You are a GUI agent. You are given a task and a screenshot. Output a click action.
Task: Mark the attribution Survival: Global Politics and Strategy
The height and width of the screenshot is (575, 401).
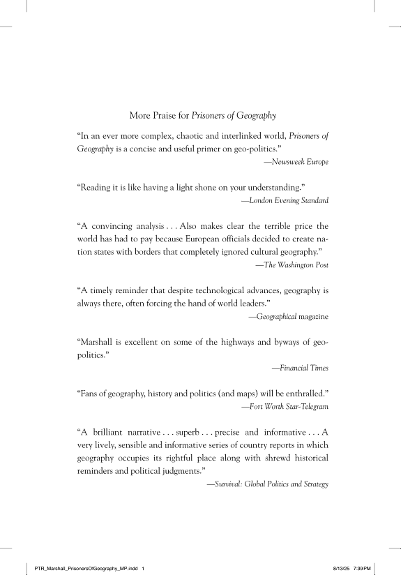pos(267,483)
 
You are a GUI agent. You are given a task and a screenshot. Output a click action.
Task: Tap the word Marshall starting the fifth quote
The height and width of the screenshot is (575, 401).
pos(98,342)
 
